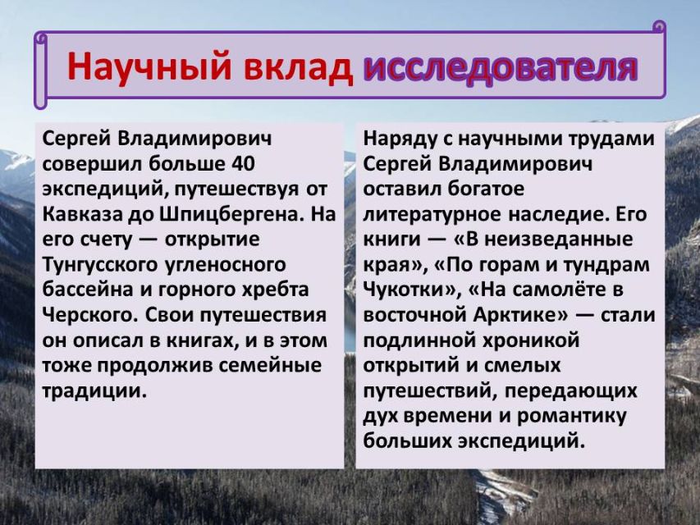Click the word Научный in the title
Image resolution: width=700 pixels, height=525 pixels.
coord(149,66)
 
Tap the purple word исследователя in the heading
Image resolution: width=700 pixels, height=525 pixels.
coord(500,66)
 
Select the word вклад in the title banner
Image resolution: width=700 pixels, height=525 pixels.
coord(298,66)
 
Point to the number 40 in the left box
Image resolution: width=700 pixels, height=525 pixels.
coord(243,163)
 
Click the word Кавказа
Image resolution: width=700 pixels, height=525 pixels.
coord(83,214)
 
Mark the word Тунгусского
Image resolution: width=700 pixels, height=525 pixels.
coord(100,265)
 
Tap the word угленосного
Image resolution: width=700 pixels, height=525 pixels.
coord(226,265)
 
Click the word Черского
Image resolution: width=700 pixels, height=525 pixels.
coord(90,316)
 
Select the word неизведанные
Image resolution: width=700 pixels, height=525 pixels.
coord(558,240)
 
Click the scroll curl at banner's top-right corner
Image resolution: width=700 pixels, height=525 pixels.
coord(659,27)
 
